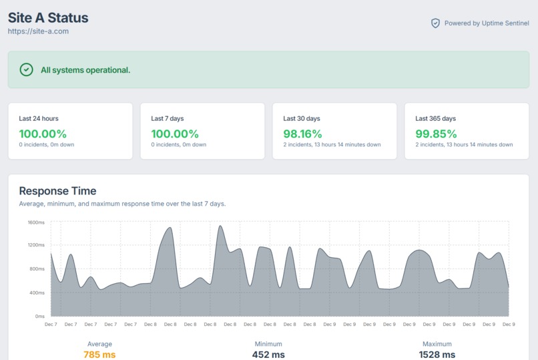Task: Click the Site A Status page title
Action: pos(48,17)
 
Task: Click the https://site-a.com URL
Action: pos(38,31)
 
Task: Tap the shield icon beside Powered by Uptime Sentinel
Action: pos(435,23)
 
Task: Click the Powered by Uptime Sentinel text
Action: pos(487,23)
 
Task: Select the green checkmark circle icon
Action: pos(26,69)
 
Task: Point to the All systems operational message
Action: pos(85,70)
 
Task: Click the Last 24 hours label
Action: pos(39,118)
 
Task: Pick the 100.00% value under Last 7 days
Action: pos(175,134)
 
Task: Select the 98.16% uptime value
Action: pos(302,134)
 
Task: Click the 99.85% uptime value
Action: pos(436,134)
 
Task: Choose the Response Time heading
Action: pos(57,191)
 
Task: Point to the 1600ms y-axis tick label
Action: pos(36,222)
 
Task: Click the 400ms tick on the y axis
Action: pos(37,293)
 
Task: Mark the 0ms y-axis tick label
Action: pos(39,316)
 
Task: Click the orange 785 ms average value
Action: pos(99,355)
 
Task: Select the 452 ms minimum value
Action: pos(268,355)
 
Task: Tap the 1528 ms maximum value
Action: pos(437,355)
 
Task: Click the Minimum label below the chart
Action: pos(268,344)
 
